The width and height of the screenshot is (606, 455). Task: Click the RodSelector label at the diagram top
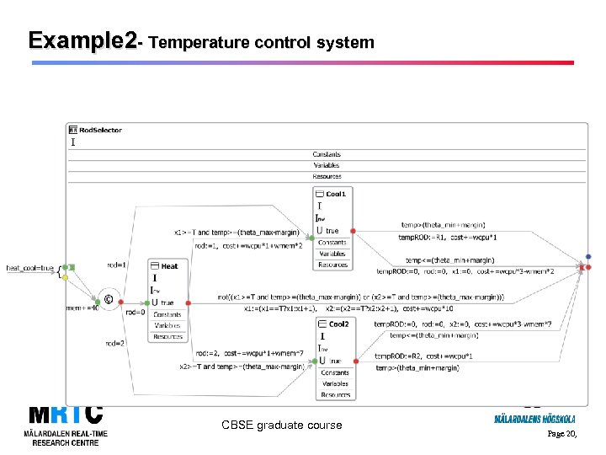[x=100, y=131]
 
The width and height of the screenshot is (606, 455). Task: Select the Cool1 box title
[x=336, y=195]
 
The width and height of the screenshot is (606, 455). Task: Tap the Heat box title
[x=170, y=266]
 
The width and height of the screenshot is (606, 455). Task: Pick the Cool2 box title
[x=338, y=324]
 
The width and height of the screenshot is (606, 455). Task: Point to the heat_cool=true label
[x=30, y=268]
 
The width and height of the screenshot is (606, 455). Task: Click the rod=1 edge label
[x=117, y=265]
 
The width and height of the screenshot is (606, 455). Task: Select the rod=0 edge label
[x=135, y=312]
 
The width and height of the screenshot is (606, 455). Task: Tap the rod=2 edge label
[x=115, y=343]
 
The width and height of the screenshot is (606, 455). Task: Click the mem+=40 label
[x=82, y=308]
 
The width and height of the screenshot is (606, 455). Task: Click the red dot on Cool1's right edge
[x=353, y=230]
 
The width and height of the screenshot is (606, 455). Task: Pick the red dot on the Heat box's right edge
[x=189, y=302]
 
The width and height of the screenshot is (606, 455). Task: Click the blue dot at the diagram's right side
[x=588, y=257]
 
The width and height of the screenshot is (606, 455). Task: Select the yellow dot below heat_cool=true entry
[x=65, y=277]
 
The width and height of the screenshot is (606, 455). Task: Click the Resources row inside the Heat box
[x=167, y=337]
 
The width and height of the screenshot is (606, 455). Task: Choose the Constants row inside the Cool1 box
[x=332, y=243]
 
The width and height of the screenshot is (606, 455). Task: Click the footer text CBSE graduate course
[x=282, y=426]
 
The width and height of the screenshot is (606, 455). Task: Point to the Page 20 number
[x=561, y=434]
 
